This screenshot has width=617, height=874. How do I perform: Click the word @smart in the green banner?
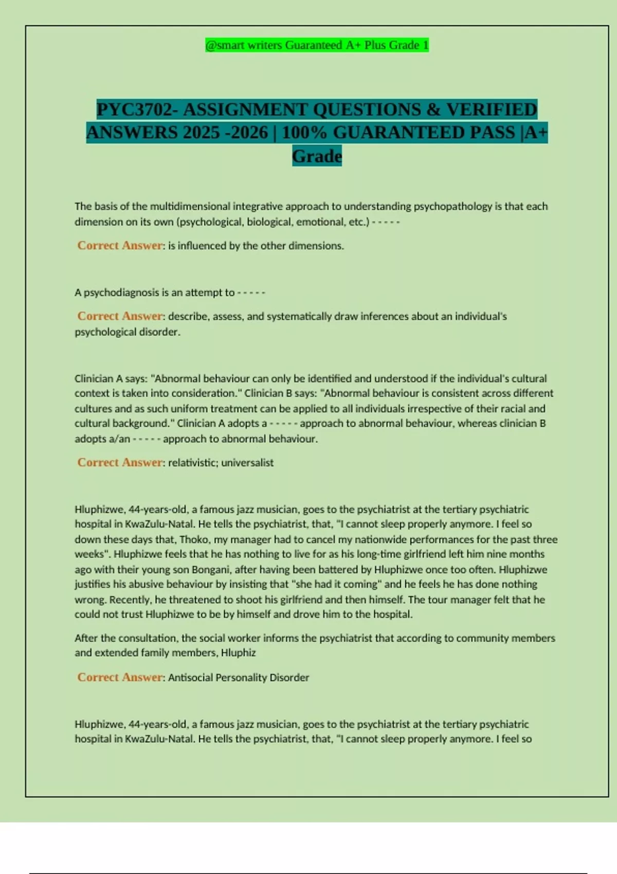(x=225, y=45)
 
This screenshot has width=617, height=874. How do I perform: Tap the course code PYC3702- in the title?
(x=137, y=110)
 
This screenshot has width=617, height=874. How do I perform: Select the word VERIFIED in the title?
(x=492, y=110)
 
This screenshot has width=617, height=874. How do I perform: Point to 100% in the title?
(x=305, y=133)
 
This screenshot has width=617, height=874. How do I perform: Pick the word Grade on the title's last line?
(x=317, y=156)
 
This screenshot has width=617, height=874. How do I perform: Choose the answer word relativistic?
(x=191, y=463)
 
